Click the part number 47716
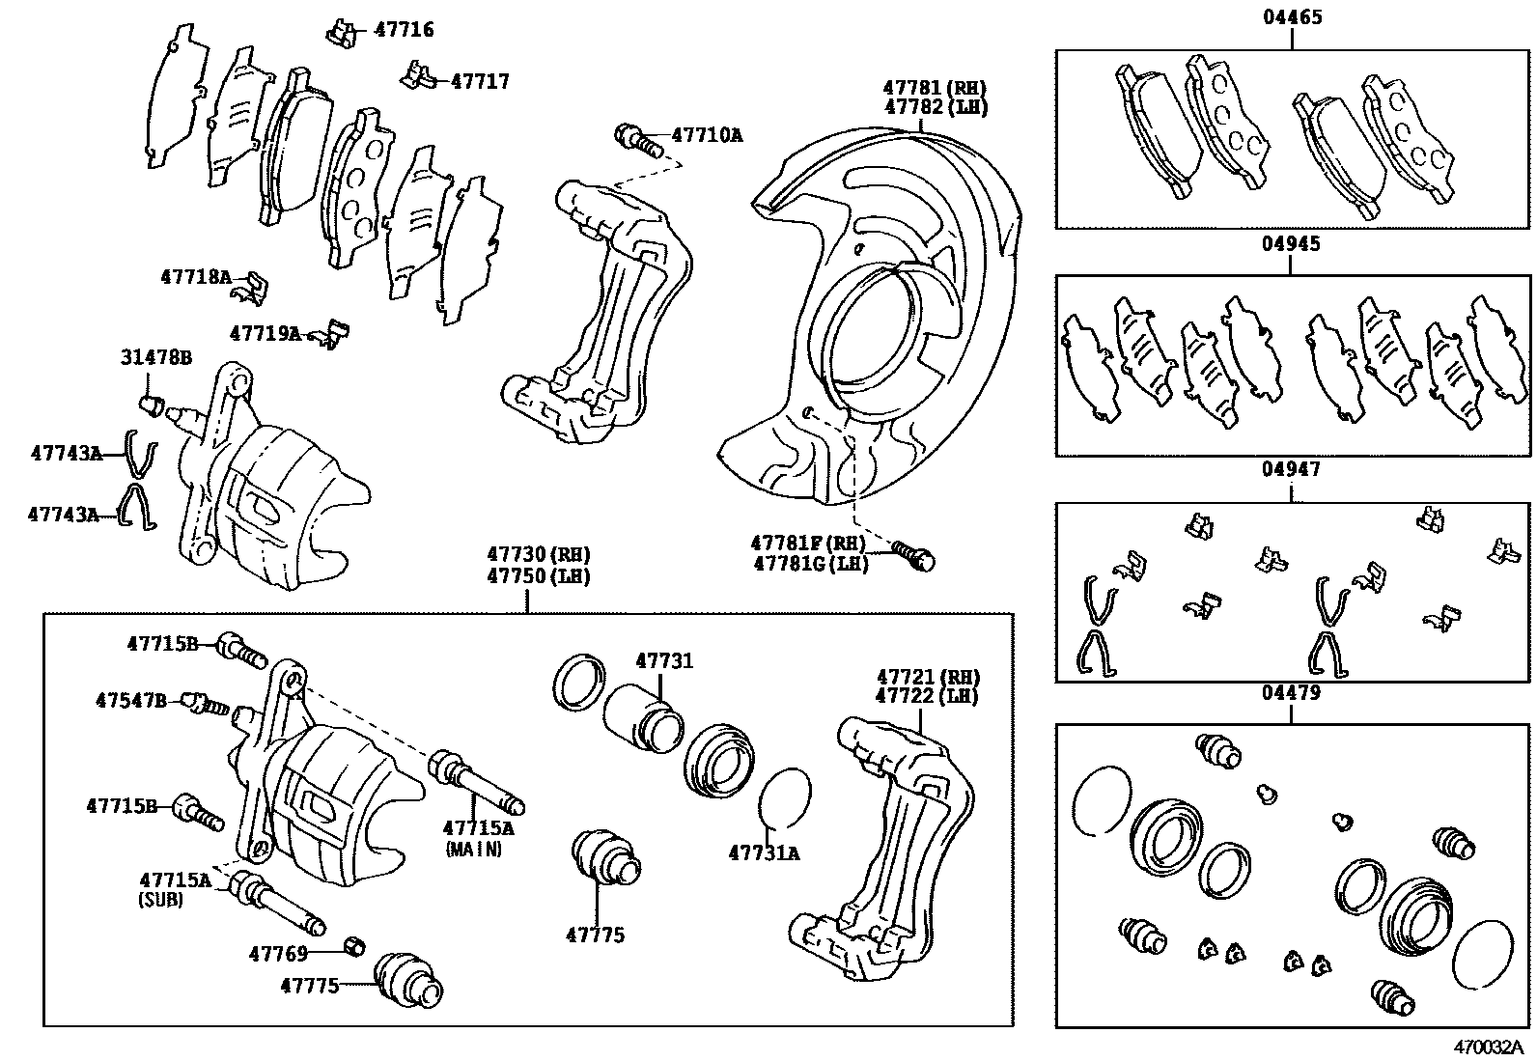click(404, 30)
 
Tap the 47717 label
click(480, 81)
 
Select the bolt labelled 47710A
click(636, 138)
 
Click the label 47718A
click(196, 277)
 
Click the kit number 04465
click(1292, 17)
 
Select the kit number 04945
click(1292, 244)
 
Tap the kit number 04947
click(1292, 469)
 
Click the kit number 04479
click(1292, 692)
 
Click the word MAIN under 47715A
click(474, 849)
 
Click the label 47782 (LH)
click(936, 107)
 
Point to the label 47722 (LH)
click(927, 696)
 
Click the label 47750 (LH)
click(538, 575)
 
